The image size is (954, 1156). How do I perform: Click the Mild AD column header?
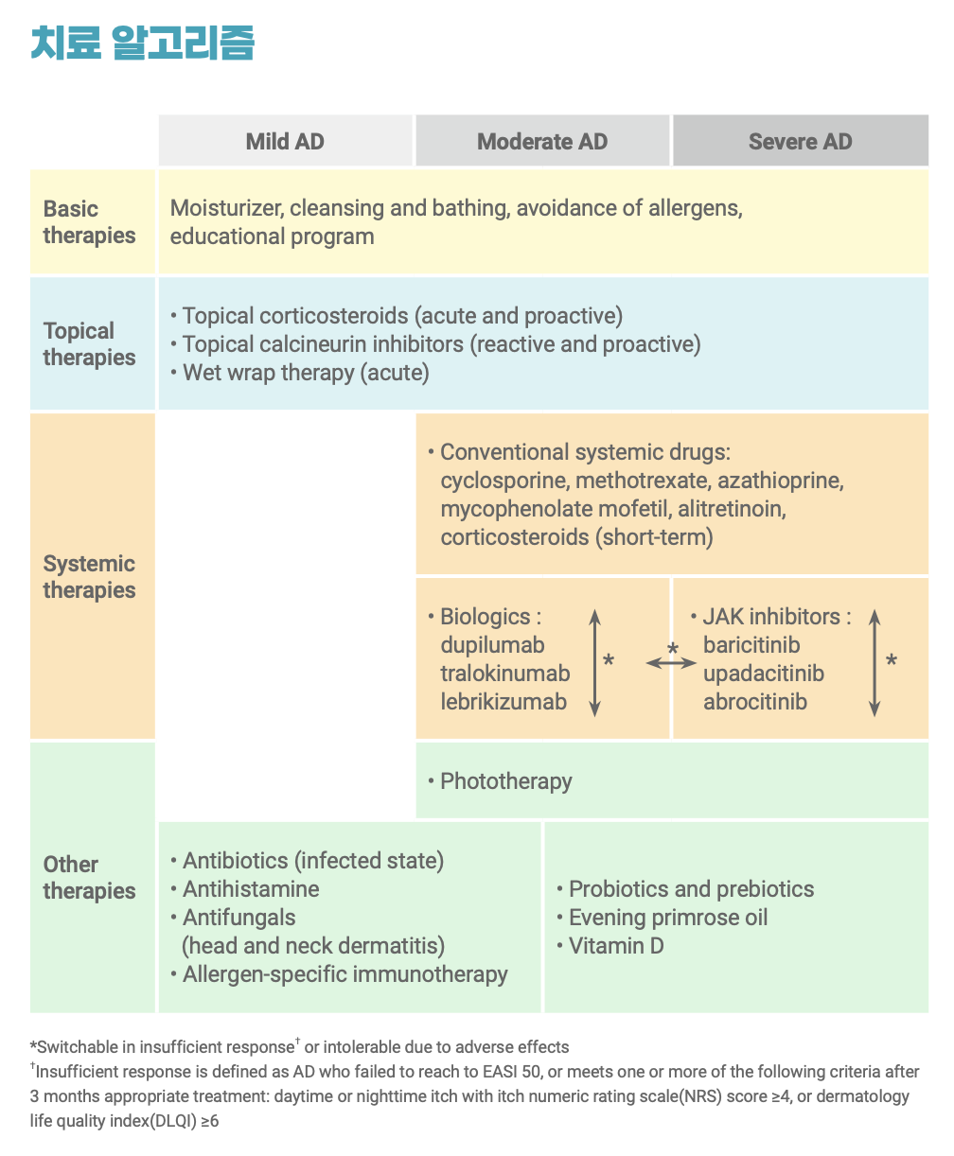(285, 142)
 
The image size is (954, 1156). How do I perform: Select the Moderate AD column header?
(542, 142)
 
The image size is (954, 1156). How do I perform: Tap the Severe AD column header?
(800, 142)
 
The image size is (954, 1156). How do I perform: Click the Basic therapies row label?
(90, 222)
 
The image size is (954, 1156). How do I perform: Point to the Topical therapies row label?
(90, 344)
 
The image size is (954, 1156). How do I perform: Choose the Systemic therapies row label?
(90, 577)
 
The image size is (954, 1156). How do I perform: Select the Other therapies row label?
(90, 878)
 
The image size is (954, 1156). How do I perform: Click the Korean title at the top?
(143, 44)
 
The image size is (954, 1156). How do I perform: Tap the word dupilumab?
(492, 645)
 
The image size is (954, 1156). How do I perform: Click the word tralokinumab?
(504, 674)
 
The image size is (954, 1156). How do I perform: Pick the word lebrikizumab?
(503, 702)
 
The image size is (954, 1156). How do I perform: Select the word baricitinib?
(751, 645)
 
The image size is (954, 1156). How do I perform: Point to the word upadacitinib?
(763, 674)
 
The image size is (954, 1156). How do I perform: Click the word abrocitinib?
(754, 702)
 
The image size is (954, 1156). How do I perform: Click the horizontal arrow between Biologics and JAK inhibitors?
(671, 663)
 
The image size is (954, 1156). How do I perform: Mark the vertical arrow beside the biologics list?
(594, 661)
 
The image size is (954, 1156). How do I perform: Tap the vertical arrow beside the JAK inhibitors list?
(874, 661)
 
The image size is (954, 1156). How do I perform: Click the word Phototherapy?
(505, 781)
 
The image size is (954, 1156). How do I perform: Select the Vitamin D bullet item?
(615, 946)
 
